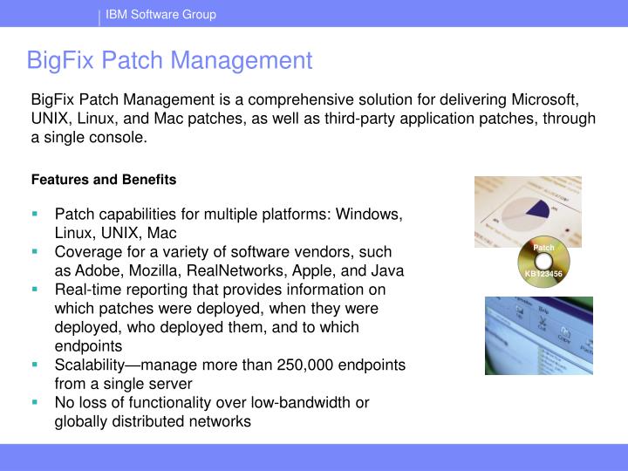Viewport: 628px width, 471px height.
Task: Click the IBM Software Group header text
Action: pyautogui.click(x=160, y=14)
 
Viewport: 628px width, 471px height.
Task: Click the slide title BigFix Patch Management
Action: pyautogui.click(x=169, y=60)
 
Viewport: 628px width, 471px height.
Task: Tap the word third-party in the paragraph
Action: pyautogui.click(x=341, y=119)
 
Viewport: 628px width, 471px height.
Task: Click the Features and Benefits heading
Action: pyautogui.click(x=104, y=180)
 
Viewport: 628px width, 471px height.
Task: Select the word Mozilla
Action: pyautogui.click(x=155, y=270)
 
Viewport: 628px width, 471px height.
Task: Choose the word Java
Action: pyautogui.click(x=387, y=270)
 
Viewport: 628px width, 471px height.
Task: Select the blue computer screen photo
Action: pyautogui.click(x=538, y=335)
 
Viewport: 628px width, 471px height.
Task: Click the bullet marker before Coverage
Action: pyautogui.click(x=36, y=251)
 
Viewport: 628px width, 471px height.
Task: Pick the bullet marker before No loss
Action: pyautogui.click(x=36, y=402)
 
